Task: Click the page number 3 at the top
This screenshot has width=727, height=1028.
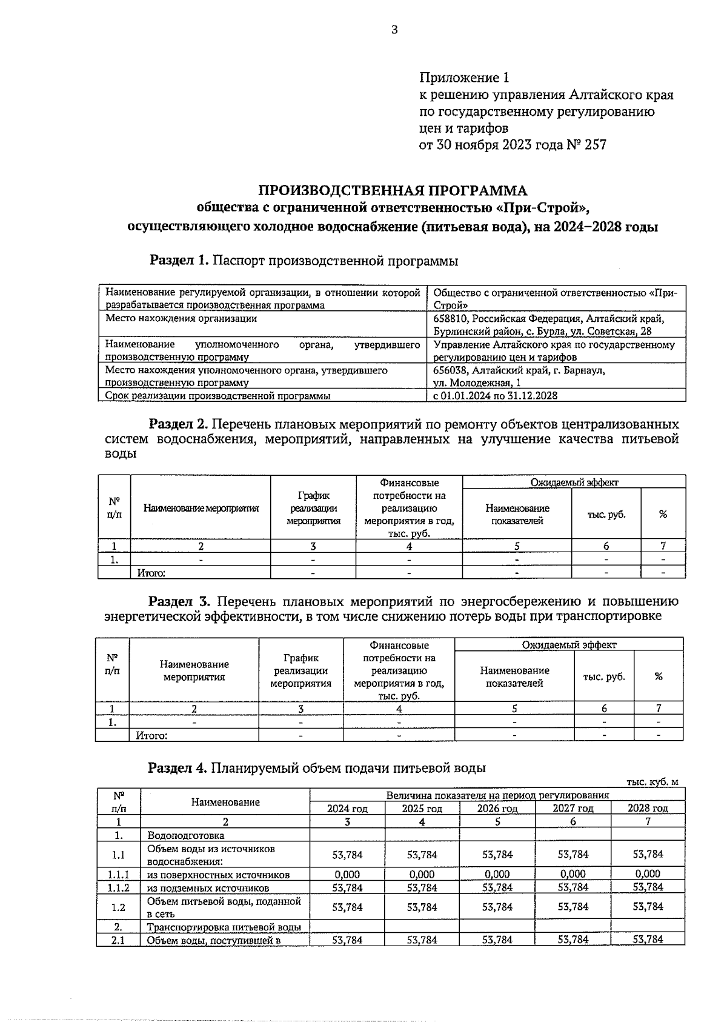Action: (x=394, y=30)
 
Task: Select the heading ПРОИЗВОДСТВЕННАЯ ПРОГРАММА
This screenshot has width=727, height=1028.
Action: (x=393, y=190)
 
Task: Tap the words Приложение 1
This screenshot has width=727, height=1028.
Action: (x=464, y=78)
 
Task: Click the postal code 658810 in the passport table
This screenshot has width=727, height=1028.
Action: (x=451, y=319)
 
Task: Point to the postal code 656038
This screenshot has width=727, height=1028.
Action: (x=451, y=370)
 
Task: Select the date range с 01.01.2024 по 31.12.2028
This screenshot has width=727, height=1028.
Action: (x=495, y=395)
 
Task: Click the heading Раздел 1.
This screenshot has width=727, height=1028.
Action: (x=179, y=261)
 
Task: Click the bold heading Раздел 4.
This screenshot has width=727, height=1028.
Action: (x=178, y=768)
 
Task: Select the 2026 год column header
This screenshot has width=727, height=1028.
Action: (x=497, y=809)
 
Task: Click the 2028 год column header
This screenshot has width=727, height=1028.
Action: (x=648, y=809)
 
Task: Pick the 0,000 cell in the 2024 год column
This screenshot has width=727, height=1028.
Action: (x=347, y=874)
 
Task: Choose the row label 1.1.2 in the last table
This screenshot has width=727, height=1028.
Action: (x=118, y=887)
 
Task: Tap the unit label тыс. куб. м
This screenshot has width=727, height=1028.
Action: (x=652, y=782)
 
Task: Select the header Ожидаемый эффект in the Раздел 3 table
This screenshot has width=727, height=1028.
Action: (x=569, y=644)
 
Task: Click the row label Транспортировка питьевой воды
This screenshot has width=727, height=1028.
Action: (x=224, y=927)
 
